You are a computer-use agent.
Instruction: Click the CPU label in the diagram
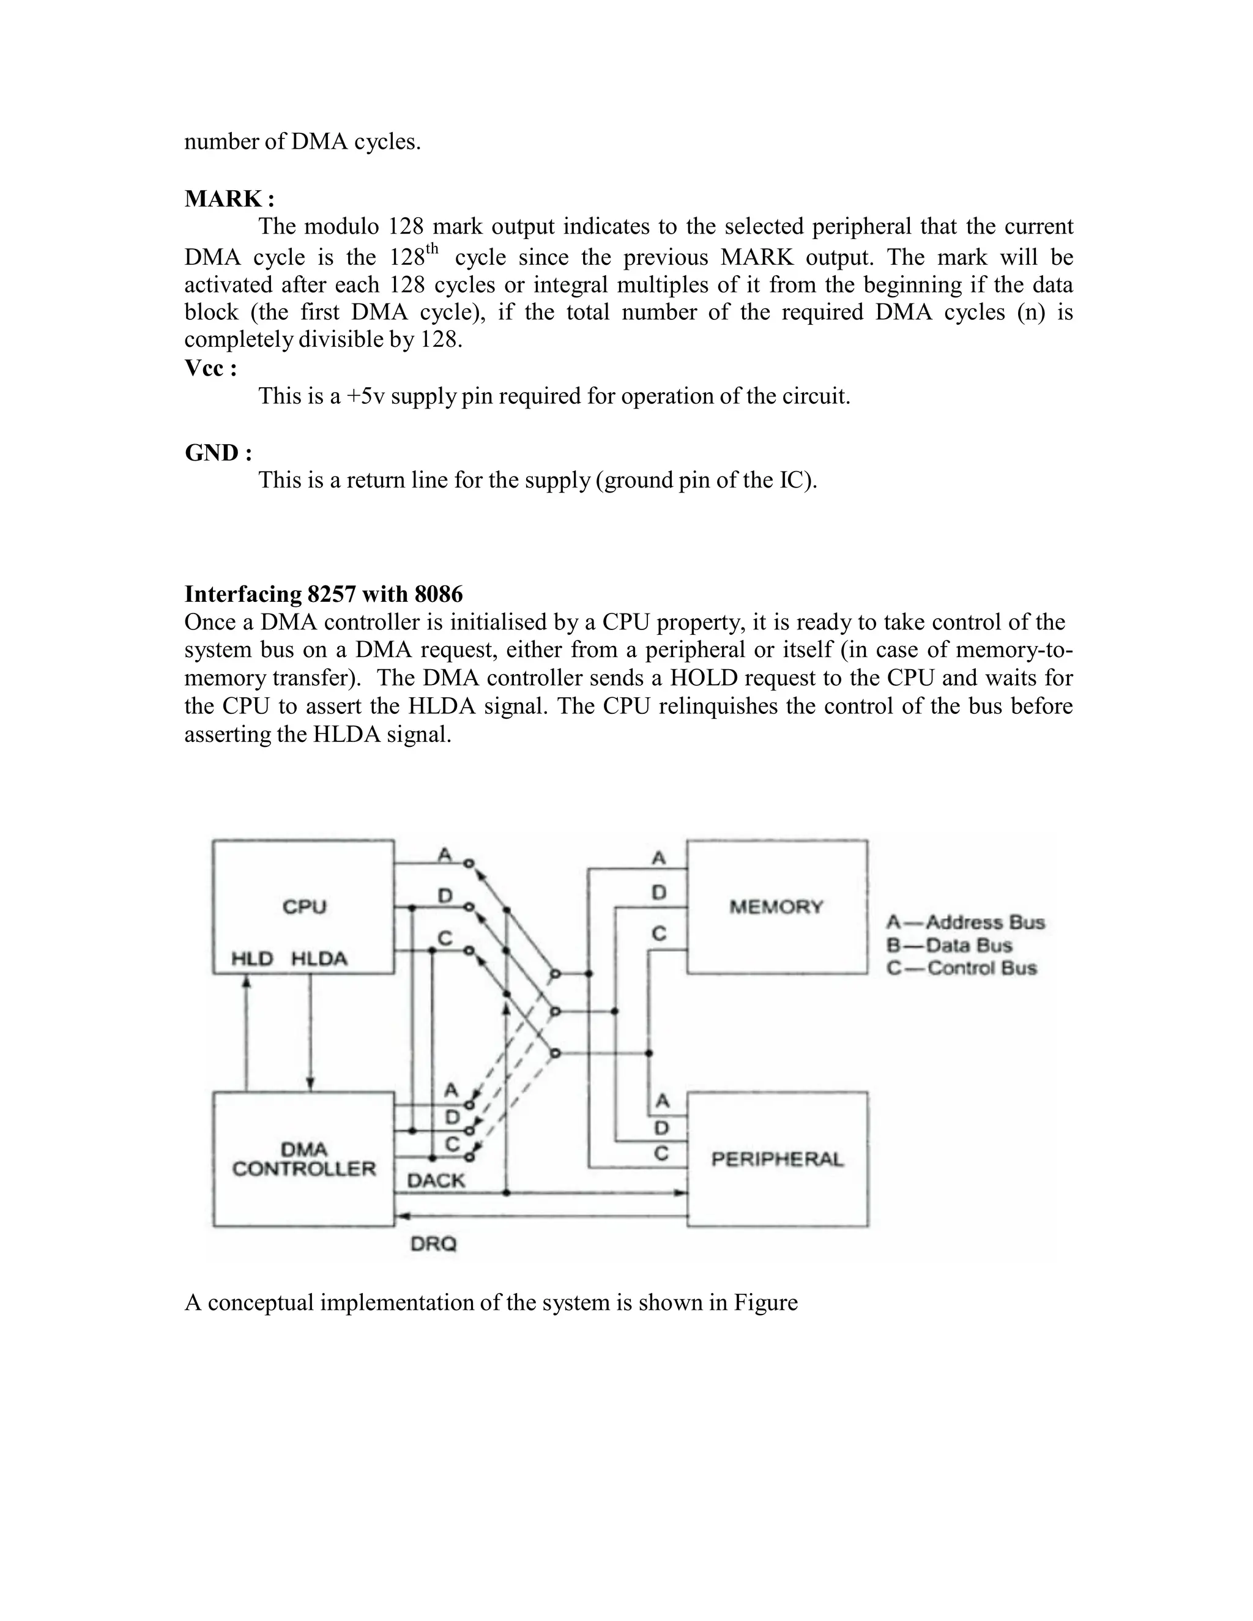304,907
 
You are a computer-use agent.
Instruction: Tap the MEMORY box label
776,907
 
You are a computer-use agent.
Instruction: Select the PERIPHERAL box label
777,1159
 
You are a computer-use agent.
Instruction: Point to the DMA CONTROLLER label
304,1159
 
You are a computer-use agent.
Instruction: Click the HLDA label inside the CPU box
319,959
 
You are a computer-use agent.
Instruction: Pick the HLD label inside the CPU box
253,959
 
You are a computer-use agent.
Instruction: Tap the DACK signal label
436,1180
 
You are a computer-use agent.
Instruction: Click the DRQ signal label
434,1244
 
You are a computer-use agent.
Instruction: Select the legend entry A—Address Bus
965,922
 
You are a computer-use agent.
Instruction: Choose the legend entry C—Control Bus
962,968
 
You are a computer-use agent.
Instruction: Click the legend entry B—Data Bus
950,946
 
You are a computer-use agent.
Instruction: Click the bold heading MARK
229,199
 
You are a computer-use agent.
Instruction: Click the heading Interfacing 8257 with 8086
324,594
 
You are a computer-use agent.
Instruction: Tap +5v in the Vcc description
365,396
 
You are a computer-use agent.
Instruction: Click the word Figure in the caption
765,1302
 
